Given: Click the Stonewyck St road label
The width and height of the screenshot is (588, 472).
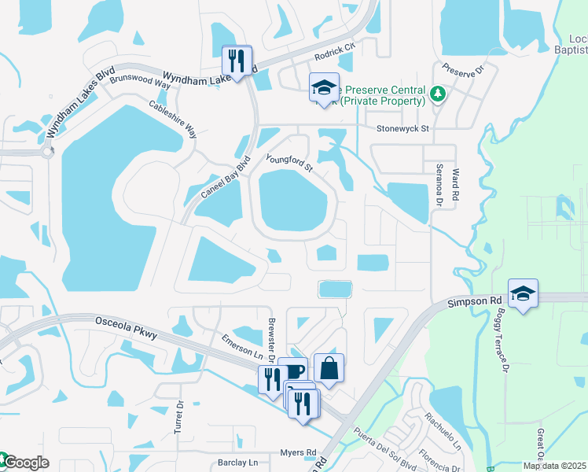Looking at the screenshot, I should click(402, 128).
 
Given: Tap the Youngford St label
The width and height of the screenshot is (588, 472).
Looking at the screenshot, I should click(289, 163).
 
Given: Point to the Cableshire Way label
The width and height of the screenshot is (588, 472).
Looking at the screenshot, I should click(173, 119).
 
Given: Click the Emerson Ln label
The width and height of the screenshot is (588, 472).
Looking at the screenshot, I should click(241, 345).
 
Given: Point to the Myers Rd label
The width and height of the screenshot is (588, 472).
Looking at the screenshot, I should click(299, 452).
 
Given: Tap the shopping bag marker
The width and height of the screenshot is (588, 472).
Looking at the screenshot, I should click(329, 368).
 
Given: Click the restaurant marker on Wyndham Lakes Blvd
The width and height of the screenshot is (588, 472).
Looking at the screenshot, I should click(236, 60).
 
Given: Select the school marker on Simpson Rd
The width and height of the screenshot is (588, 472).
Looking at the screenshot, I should click(523, 293).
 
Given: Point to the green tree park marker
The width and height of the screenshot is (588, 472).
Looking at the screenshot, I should click(439, 95).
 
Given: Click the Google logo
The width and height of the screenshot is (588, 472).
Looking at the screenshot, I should click(25, 463).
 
